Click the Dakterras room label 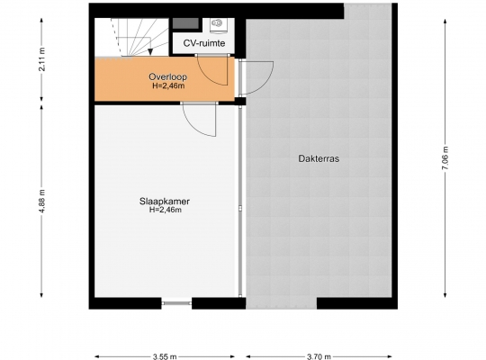tap(319, 158)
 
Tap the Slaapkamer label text tap(165, 202)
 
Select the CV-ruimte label tap(204, 43)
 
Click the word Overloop tap(167, 76)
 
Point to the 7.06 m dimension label tap(445, 157)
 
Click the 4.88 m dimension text tap(41, 201)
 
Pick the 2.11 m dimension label tap(41, 59)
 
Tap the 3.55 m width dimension tap(165, 356)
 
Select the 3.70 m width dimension tap(319, 356)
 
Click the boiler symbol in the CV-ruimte tap(218, 25)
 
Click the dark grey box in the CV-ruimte tap(185, 23)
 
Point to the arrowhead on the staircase tap(150, 52)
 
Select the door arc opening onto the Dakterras tap(264, 83)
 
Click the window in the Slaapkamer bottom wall tap(176, 303)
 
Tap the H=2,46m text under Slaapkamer tap(166, 210)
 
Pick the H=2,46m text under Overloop tap(168, 85)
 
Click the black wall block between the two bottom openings tap(219, 303)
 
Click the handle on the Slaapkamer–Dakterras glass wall tap(240, 209)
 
